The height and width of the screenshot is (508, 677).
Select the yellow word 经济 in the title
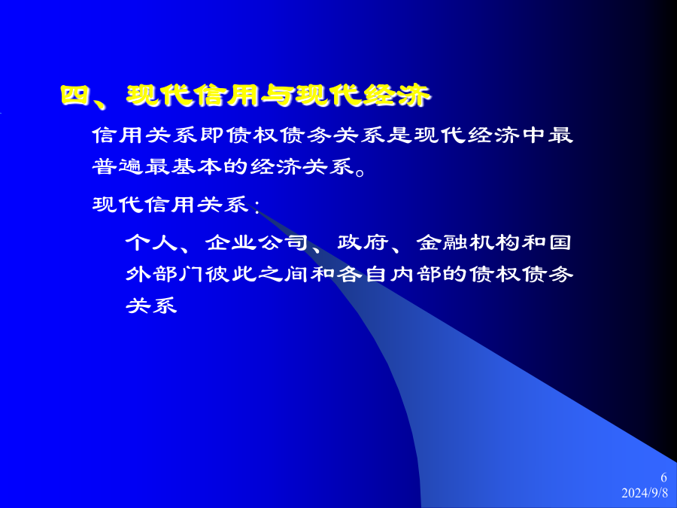[396, 95]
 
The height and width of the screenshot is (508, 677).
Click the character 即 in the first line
[212, 135]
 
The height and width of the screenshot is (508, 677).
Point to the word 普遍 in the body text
[118, 167]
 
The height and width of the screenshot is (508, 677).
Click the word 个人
[151, 242]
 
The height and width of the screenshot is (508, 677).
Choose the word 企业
[231, 242]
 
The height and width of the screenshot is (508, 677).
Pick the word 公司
[283, 242]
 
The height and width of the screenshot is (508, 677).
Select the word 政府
[363, 242]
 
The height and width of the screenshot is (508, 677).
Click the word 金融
[442, 242]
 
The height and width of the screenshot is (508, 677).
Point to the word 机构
[495, 242]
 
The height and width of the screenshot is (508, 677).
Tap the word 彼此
[231, 274]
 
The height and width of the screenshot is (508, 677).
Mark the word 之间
[284, 274]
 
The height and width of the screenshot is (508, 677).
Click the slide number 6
[664, 477]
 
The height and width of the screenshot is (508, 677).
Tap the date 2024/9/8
[645, 493]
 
